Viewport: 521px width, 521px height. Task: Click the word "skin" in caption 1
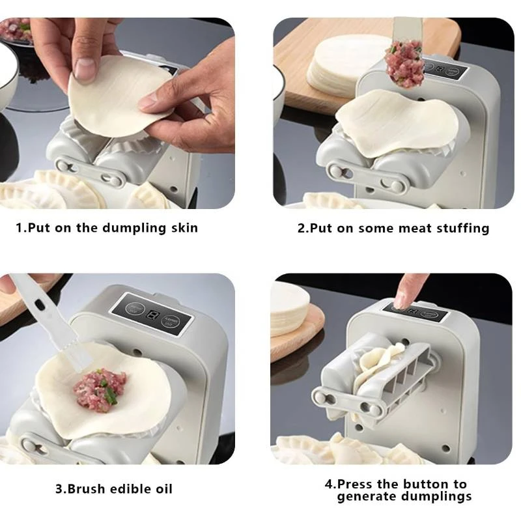pyautogui.click(x=185, y=228)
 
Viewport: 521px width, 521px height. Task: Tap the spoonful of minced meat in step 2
pyautogui.click(x=404, y=63)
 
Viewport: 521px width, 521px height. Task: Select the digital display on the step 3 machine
pyautogui.click(x=153, y=315)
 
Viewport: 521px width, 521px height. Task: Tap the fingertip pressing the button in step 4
pyautogui.click(x=401, y=301)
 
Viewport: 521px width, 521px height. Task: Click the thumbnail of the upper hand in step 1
pyautogui.click(x=84, y=68)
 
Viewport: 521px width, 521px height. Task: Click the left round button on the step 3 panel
pyautogui.click(x=135, y=308)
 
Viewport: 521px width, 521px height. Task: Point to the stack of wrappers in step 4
pyautogui.click(x=289, y=308)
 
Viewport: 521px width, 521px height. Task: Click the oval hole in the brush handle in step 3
pyautogui.click(x=40, y=303)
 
